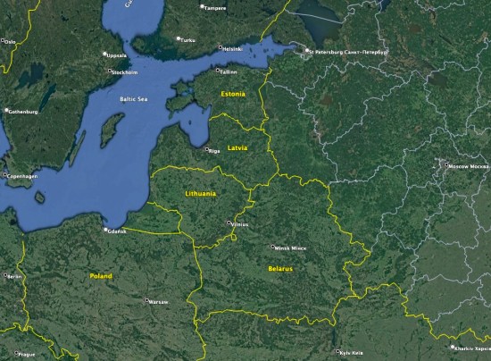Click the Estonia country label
[233, 93]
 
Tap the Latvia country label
[237, 147]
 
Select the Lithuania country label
[200, 193]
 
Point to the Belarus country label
[279, 267]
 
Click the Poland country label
[101, 276]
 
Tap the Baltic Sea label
[132, 98]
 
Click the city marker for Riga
[206, 149]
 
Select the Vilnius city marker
[229, 222]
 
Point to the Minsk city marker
[274, 247]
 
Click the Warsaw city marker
[147, 300]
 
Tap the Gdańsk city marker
[106, 230]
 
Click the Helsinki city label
[233, 48]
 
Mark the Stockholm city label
[125, 71]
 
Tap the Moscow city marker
[445, 164]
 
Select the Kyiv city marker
[337, 351]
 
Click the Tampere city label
[214, 7]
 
